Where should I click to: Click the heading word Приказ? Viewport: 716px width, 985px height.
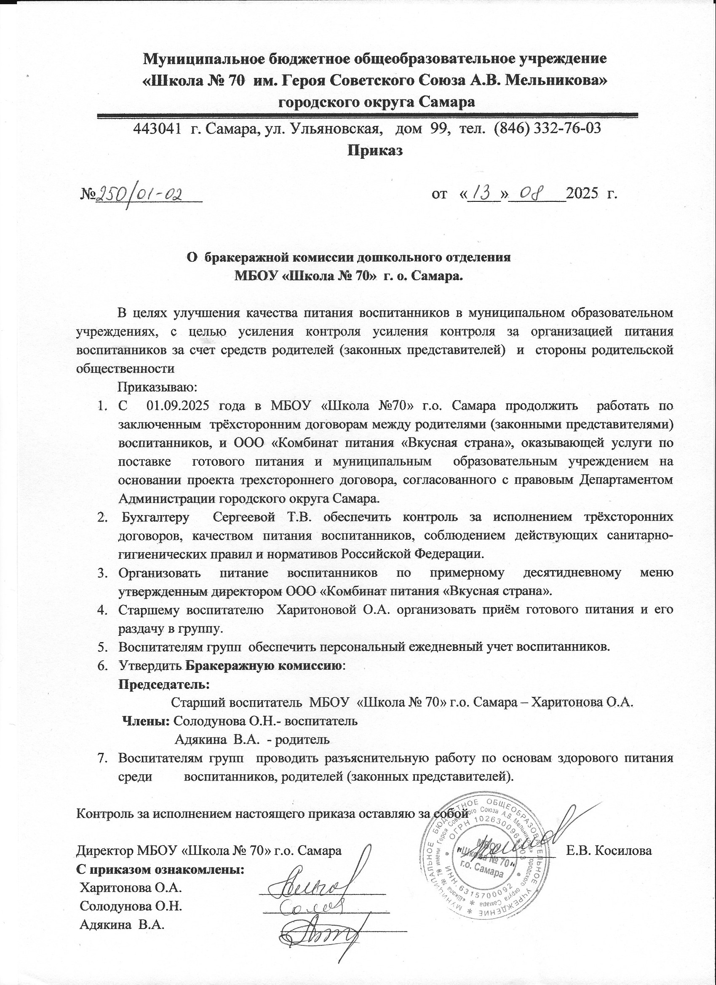tap(375, 151)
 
